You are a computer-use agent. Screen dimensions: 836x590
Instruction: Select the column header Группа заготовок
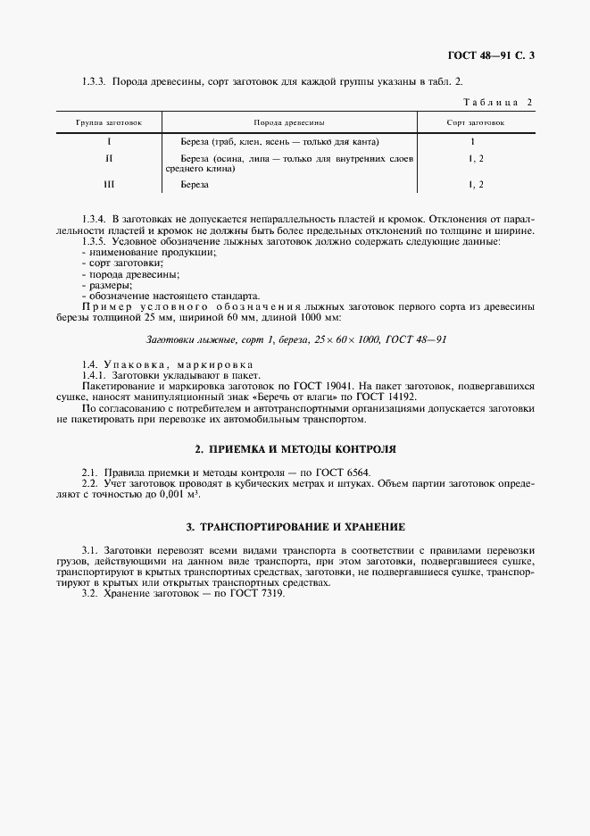click(108, 121)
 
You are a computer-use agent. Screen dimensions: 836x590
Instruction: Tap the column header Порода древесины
click(288, 121)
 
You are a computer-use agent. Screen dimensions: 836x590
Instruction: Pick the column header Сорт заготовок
click(475, 121)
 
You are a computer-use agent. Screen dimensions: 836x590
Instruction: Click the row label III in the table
click(108, 184)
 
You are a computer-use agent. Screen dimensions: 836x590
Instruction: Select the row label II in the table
click(108, 158)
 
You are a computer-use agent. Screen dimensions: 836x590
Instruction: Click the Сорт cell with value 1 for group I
click(472, 141)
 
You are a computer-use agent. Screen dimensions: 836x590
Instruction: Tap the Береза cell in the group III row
click(194, 184)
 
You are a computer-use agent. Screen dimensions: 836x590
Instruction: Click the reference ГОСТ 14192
click(386, 397)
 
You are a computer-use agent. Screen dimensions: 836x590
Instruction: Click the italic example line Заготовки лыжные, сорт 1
click(295, 339)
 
